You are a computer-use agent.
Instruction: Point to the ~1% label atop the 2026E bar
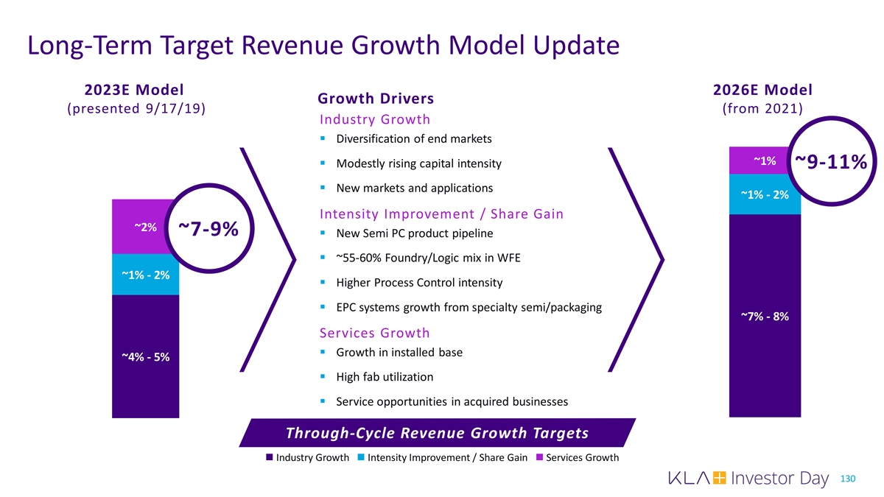764,161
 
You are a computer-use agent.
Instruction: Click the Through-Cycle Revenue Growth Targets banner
437,432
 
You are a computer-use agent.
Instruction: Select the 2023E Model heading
134,90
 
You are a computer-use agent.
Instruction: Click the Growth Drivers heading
375,99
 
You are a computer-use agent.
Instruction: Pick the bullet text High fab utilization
384,377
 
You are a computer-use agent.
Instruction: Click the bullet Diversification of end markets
413,139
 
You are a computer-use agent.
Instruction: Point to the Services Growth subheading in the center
375,332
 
